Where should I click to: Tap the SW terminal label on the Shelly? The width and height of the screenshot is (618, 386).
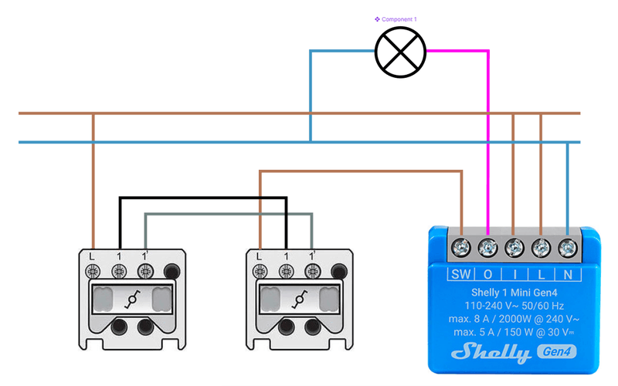coord(460,273)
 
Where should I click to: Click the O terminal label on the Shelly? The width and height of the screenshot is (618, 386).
coord(488,273)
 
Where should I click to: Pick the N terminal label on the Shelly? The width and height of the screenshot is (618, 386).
coord(568,273)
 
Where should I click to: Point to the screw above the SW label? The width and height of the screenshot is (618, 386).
coord(461,248)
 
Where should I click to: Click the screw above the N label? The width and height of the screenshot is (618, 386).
coord(568,248)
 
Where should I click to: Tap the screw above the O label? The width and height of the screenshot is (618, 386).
coord(488,248)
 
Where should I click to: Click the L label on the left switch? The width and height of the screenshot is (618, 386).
coord(93,256)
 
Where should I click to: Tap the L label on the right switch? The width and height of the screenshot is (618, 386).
coord(259,256)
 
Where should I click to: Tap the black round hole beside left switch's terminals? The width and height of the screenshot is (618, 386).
coord(171,271)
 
